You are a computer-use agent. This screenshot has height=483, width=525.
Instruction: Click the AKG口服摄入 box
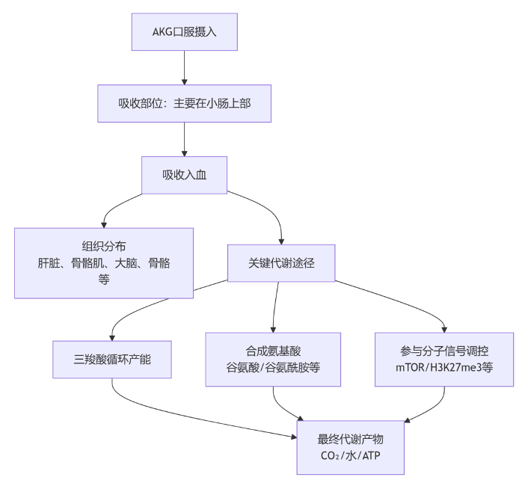pos(184,31)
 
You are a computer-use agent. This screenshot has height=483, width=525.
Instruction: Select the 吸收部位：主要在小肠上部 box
pos(184,103)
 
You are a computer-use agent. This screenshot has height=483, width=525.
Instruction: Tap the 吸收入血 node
pos(184,175)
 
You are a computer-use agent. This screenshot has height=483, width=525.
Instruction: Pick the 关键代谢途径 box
pos(281,263)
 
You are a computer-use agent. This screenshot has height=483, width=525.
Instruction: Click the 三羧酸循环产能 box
pos(112,359)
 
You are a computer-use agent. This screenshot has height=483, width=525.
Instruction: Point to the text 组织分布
pos(104,246)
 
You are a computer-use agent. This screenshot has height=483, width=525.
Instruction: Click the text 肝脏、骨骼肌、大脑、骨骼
pos(104,263)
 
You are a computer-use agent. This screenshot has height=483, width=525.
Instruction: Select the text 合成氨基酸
pos(273,351)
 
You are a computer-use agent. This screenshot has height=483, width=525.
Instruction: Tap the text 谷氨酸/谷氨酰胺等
pos(273,368)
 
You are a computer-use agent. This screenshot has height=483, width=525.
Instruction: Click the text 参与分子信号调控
pos(444,351)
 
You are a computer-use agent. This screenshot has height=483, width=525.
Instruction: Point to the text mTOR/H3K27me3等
pos(444,368)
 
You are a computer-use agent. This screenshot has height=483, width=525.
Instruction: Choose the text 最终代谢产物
pos(351,439)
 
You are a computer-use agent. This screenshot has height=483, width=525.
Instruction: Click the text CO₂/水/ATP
pos(351,456)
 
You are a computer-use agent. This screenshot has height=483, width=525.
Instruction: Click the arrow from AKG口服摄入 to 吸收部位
pos(184,67)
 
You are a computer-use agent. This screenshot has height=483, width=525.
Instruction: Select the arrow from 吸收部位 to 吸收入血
pos(184,139)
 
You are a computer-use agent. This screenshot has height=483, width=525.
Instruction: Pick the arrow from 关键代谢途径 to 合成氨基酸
pos(276,307)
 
